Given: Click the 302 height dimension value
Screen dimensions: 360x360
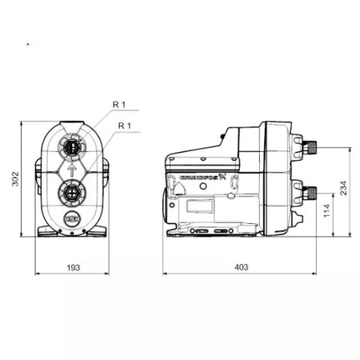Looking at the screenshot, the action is click(x=15, y=178).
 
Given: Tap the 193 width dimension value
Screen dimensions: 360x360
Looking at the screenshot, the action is click(x=74, y=267).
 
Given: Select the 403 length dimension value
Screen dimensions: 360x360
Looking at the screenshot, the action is click(x=241, y=267).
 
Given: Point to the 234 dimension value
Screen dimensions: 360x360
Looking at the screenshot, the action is click(x=343, y=188).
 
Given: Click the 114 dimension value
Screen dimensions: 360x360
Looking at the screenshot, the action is click(x=326, y=210).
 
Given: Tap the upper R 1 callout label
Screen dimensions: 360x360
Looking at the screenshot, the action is click(x=119, y=105).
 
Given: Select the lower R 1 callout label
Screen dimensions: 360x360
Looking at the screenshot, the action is click(x=125, y=126).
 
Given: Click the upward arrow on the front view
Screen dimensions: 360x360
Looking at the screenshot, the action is click(x=72, y=170).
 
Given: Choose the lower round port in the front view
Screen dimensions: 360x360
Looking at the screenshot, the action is click(x=72, y=193).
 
